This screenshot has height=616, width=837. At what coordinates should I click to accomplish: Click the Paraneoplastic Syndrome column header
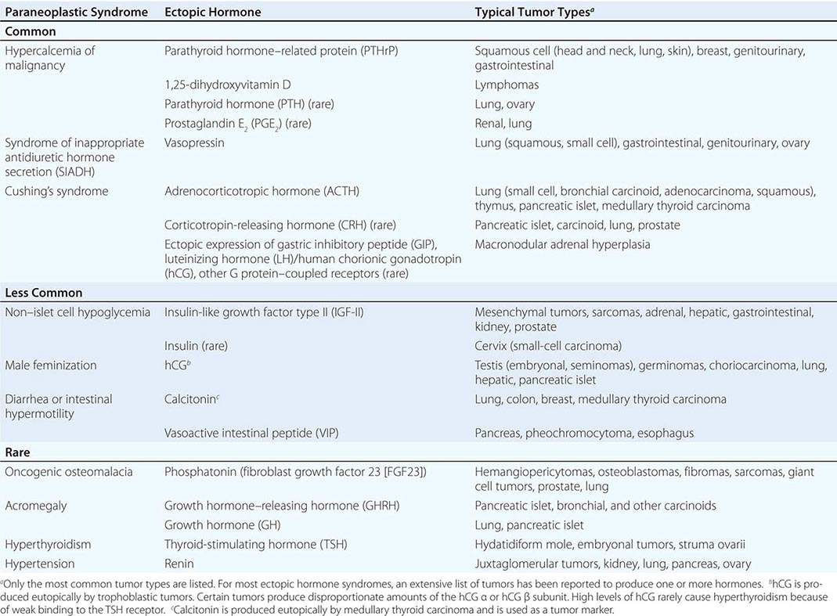(x=77, y=13)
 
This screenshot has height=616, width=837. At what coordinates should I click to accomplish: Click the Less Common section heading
(x=45, y=293)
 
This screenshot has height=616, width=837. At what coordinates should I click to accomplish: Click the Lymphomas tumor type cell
(x=506, y=84)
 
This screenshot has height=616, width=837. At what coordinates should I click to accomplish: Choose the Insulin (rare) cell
(x=196, y=346)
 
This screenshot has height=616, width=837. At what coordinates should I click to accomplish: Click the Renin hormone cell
(x=179, y=563)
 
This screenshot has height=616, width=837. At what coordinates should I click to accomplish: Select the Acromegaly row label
(x=36, y=506)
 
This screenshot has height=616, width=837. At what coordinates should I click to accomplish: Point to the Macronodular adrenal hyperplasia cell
(x=561, y=244)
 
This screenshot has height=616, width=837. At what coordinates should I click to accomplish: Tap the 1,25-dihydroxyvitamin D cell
(x=222, y=84)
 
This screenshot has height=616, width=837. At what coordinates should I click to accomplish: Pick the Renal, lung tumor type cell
(x=503, y=123)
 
